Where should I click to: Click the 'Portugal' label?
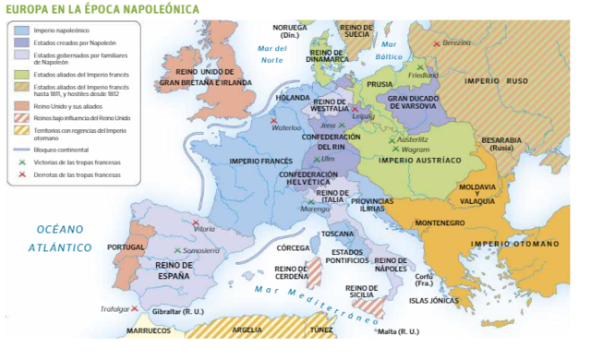point(127,247)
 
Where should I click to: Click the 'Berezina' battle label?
point(455,42)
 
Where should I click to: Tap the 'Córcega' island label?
point(293,247)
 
